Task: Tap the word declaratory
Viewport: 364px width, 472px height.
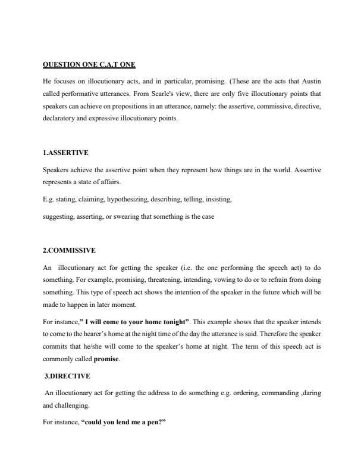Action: click(x=62, y=118)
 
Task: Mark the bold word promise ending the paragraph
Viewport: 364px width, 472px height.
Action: click(x=106, y=360)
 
